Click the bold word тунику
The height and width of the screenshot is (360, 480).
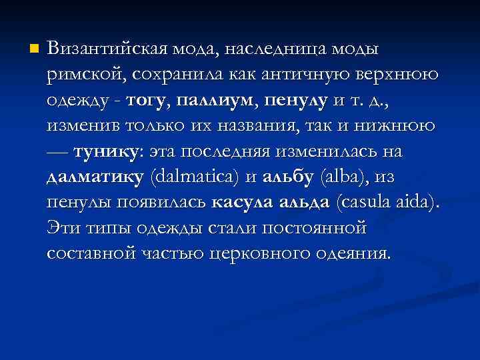pos(105,151)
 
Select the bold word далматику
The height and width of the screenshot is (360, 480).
pos(95,177)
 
